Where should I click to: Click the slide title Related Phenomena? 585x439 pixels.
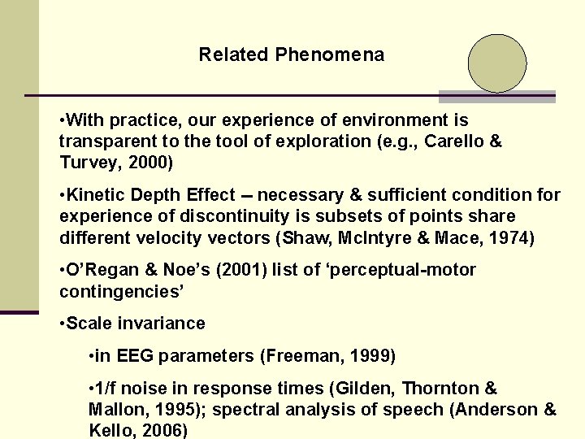(x=292, y=55)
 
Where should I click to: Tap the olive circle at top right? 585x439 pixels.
(x=497, y=63)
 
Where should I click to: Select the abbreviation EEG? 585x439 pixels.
(x=134, y=356)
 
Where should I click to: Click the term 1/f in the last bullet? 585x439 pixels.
(x=106, y=389)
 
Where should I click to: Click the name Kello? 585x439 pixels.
(x=108, y=429)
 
